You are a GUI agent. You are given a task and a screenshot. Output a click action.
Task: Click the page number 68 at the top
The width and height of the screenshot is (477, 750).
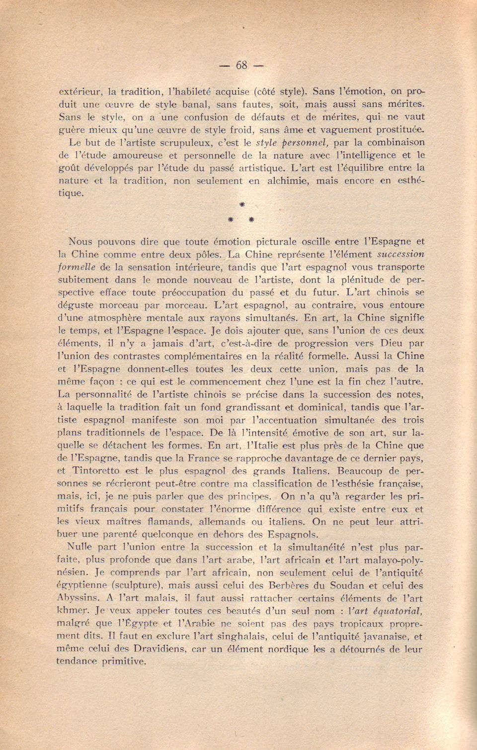point(241,65)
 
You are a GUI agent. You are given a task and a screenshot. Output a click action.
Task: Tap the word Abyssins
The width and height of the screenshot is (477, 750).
point(76,598)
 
